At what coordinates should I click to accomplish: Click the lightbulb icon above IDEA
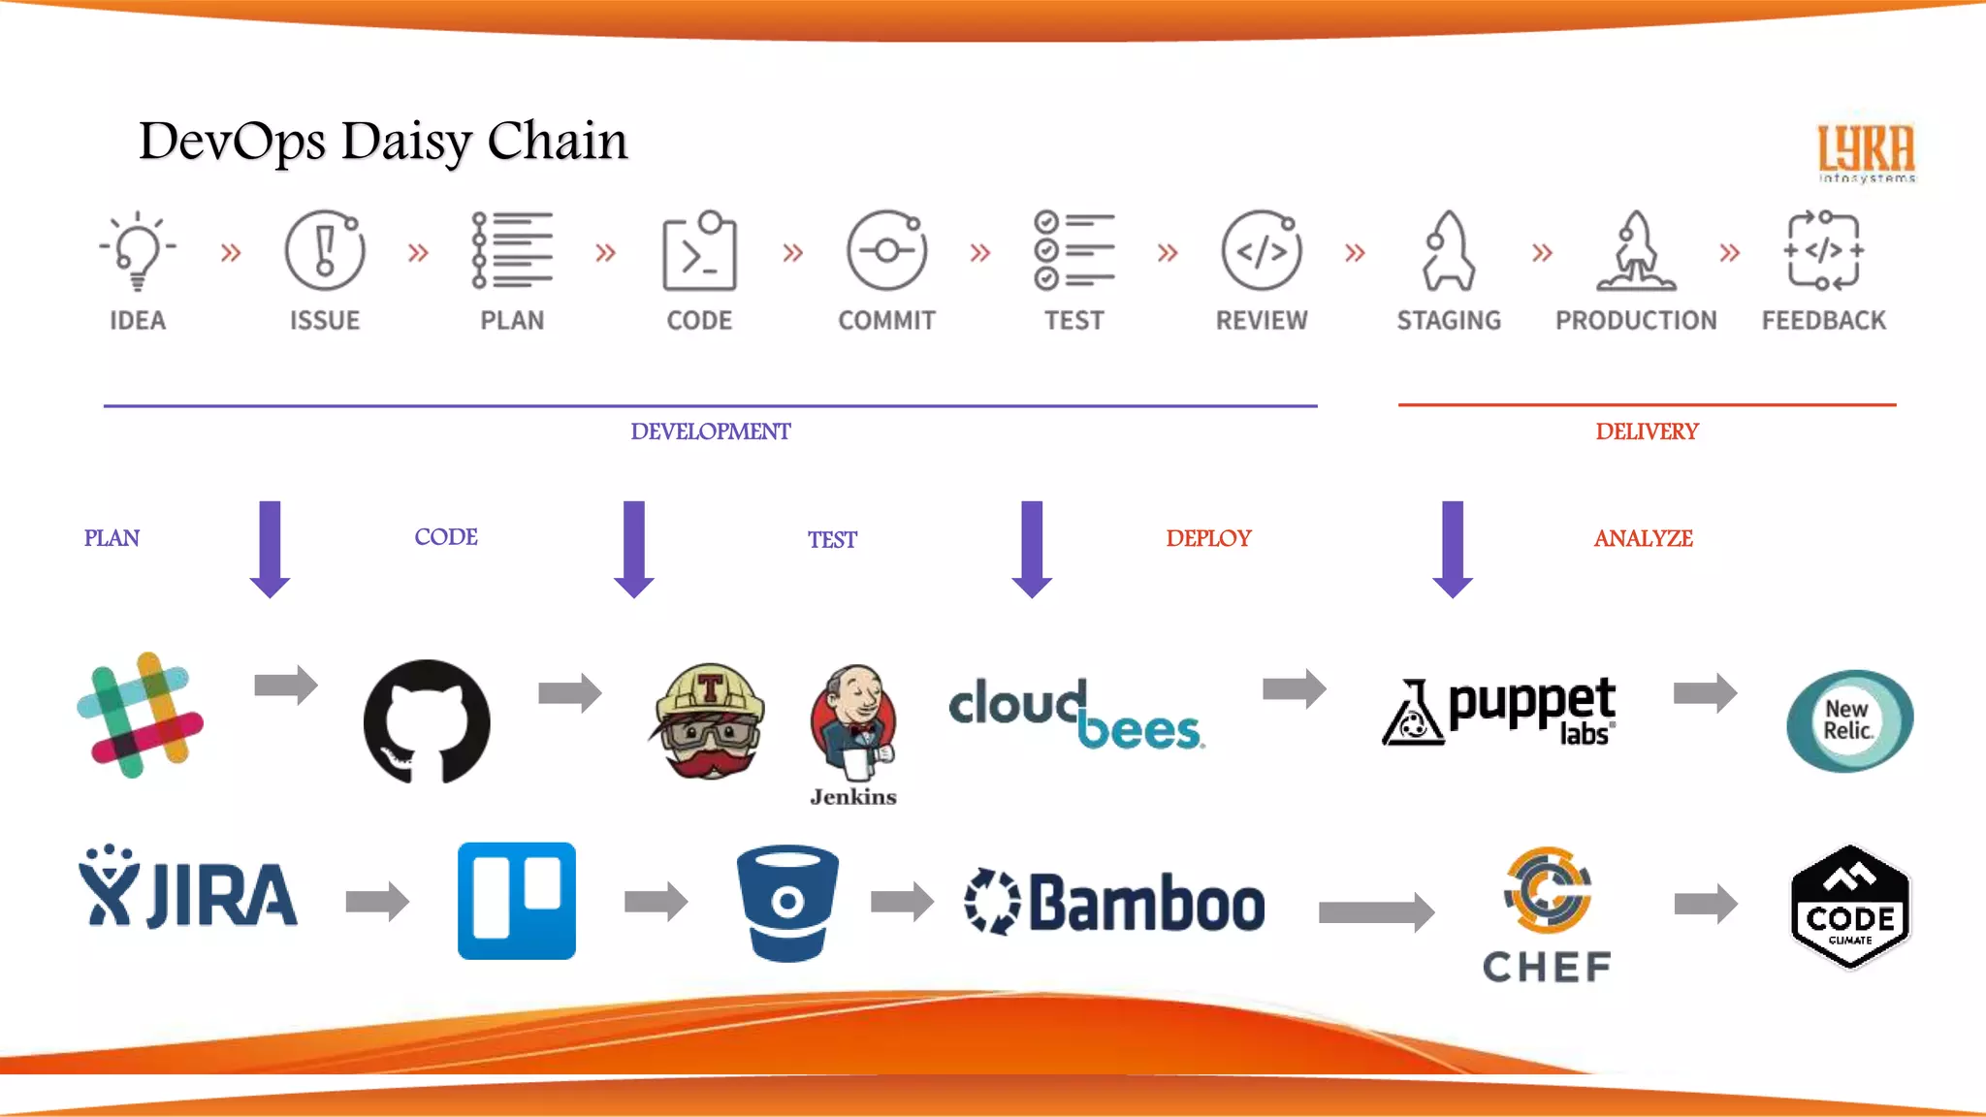(138, 250)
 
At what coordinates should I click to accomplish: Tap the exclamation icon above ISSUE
(325, 250)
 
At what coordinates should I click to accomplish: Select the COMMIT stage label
(886, 320)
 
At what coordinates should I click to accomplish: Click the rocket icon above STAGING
(1448, 250)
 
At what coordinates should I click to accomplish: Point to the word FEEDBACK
(1823, 320)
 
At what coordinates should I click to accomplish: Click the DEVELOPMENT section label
(710, 431)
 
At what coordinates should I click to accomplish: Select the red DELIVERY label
(1647, 431)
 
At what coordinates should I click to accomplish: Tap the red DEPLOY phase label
(1208, 538)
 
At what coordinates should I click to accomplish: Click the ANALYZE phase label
(1643, 538)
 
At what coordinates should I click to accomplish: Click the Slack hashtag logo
(141, 716)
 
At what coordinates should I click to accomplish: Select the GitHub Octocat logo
(427, 721)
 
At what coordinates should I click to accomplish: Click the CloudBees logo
(1076, 716)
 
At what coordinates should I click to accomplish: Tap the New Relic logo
(1849, 720)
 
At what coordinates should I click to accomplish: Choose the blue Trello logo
(516, 901)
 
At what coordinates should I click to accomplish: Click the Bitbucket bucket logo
(787, 902)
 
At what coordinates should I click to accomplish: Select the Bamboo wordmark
(1115, 903)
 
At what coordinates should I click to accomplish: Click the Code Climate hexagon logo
(1850, 907)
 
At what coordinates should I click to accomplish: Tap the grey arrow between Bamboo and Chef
(1376, 911)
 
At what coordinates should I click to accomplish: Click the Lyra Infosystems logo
(1866, 153)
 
